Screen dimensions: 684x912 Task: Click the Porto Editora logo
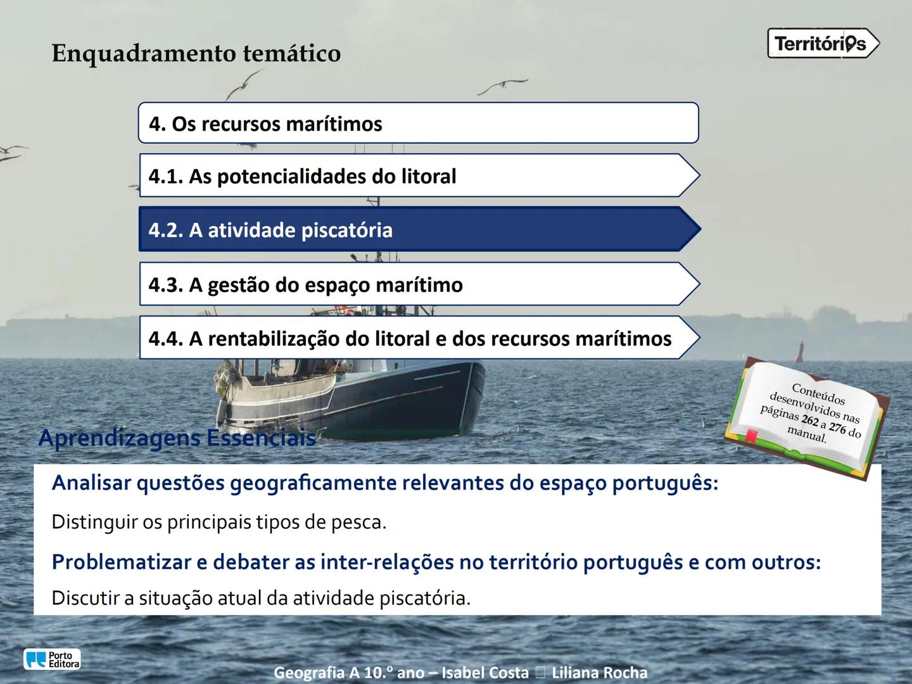(x=52, y=659)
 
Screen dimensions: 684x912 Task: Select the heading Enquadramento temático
(x=196, y=53)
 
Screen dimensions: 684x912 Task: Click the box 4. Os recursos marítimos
(x=418, y=123)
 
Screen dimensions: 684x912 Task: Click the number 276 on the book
(x=837, y=428)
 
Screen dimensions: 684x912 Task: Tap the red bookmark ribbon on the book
(x=750, y=436)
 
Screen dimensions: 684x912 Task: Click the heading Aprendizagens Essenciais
(x=177, y=438)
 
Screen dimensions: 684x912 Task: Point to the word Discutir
(x=86, y=598)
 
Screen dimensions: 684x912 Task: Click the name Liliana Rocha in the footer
(x=599, y=673)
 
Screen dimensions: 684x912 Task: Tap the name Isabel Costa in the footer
(x=484, y=673)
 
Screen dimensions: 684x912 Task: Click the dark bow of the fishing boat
(x=437, y=393)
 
